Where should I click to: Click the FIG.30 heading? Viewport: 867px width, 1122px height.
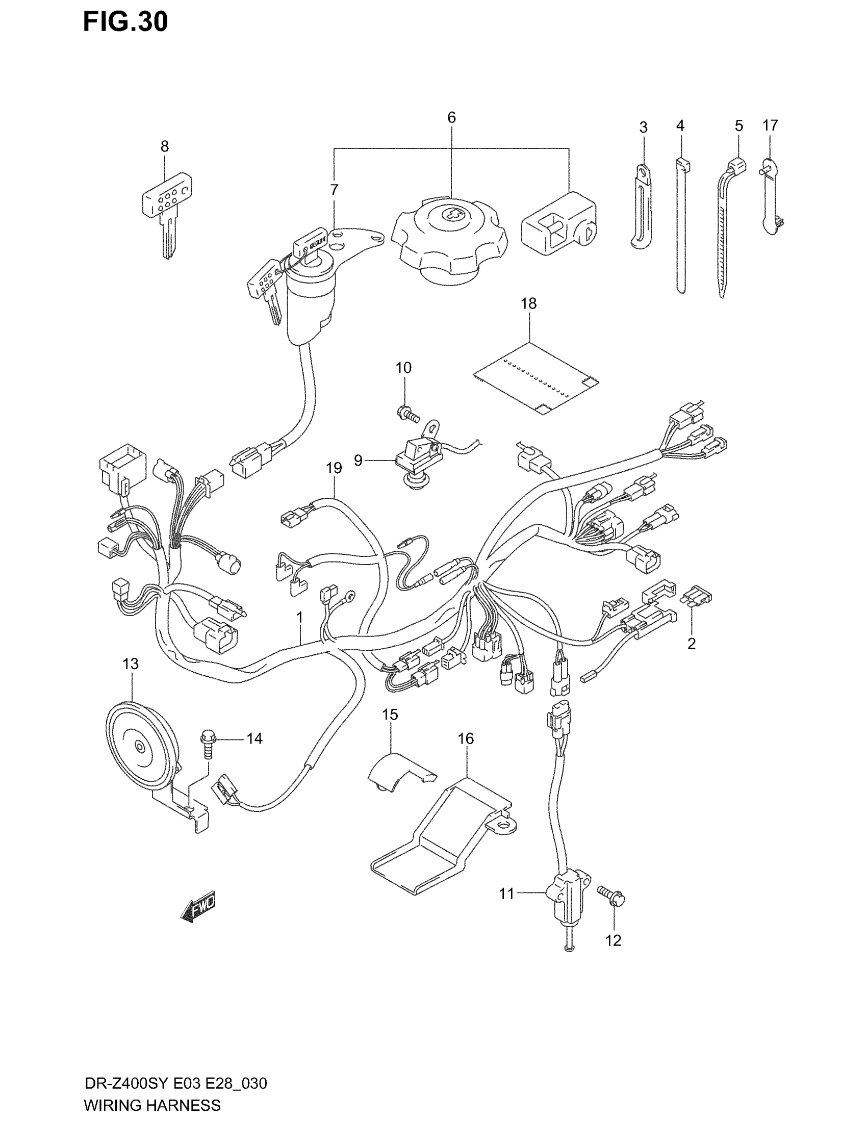[125, 22]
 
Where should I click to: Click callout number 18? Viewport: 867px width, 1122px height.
[528, 303]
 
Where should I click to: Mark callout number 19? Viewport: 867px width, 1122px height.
[334, 468]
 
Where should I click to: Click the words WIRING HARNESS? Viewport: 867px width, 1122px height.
[152, 1105]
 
